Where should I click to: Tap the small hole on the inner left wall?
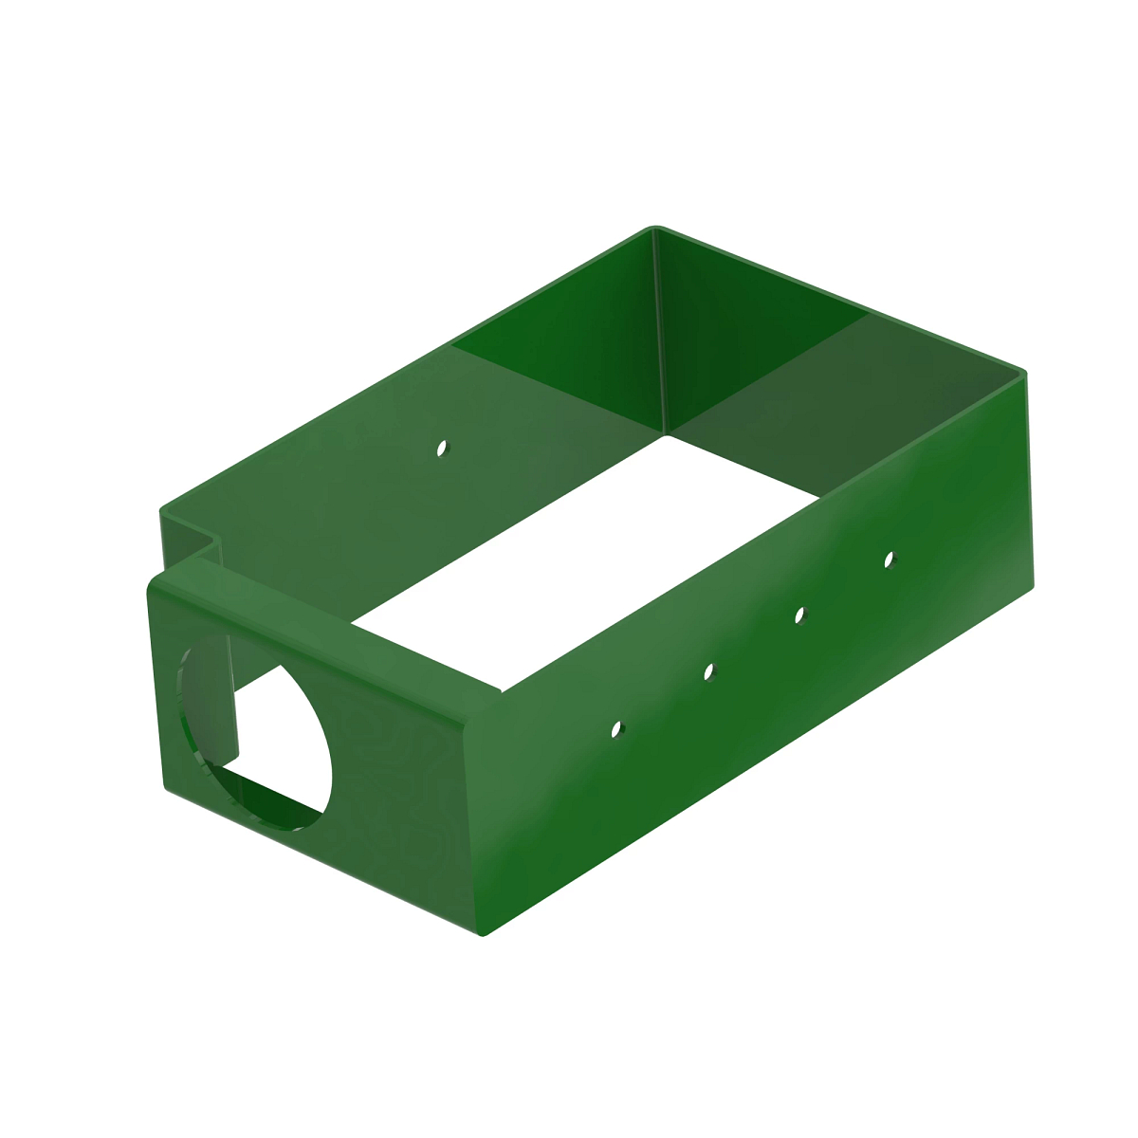pos(440,447)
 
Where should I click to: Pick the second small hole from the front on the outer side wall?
pos(707,671)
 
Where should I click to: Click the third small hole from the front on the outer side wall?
pos(799,615)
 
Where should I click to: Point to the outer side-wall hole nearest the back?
pos(889,559)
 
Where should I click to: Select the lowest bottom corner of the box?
pos(484,934)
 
